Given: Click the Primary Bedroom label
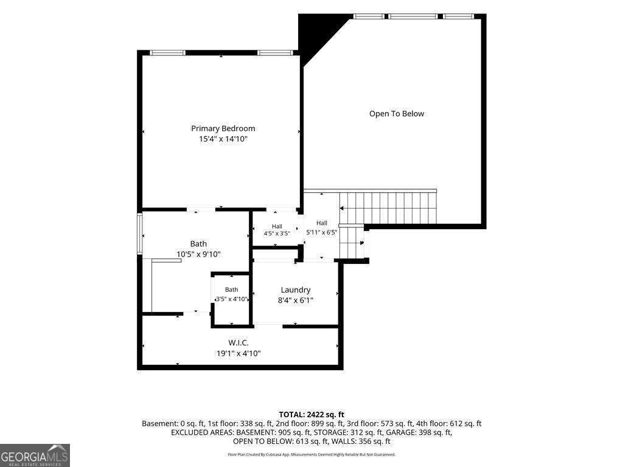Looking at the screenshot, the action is [x=223, y=129].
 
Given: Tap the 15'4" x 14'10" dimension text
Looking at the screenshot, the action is [x=223, y=139].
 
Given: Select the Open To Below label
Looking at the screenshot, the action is [x=397, y=114].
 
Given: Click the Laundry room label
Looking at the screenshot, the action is [x=295, y=290].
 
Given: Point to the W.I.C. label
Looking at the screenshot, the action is [x=238, y=343].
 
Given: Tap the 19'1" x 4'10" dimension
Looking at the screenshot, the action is [x=238, y=353].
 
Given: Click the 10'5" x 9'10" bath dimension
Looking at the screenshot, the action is [x=198, y=254].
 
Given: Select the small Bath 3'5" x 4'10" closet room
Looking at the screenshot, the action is [x=232, y=299].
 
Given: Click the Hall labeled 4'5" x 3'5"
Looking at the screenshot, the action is [x=277, y=230].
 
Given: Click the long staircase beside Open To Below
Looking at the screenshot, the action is [x=388, y=208].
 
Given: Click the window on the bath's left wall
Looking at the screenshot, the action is [x=139, y=233].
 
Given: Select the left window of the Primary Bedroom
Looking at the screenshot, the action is [x=168, y=53].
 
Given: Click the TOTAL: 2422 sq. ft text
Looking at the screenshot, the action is [x=311, y=415].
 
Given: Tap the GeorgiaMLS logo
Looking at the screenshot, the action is [x=35, y=455].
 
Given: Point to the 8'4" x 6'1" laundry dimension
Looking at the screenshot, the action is [x=295, y=300].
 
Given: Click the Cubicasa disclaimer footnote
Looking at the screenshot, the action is [x=311, y=454].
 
